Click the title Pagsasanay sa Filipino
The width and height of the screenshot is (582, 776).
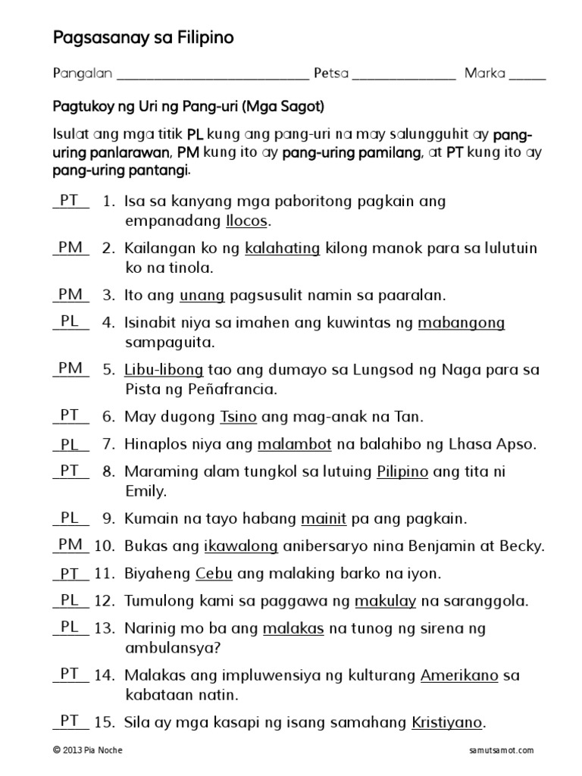(x=143, y=37)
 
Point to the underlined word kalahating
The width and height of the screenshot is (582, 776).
(x=283, y=248)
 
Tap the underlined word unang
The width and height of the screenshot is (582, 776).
(x=199, y=295)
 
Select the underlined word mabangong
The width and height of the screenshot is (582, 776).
(x=462, y=324)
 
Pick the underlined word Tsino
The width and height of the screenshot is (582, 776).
(x=239, y=417)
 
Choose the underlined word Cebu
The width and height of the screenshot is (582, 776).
(x=214, y=573)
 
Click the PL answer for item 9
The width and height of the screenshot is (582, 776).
(x=70, y=518)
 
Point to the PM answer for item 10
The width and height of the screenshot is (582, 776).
(x=70, y=544)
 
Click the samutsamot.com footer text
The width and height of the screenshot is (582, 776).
(x=502, y=750)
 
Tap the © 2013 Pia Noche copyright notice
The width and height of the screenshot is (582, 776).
(x=88, y=750)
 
